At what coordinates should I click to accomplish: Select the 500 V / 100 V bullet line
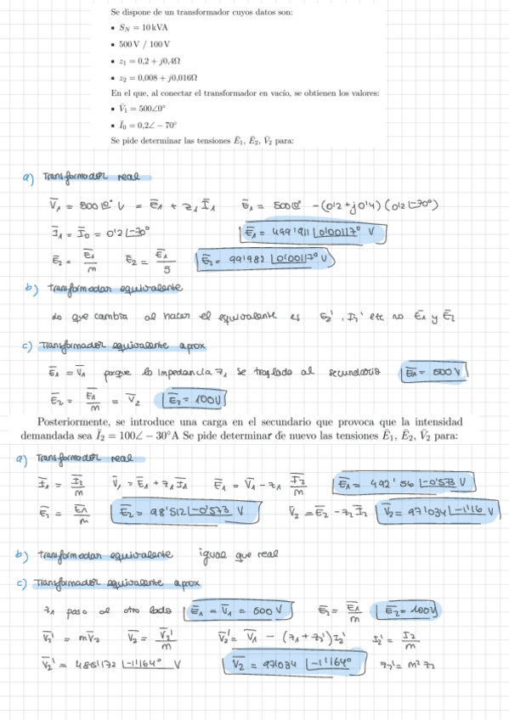[144, 43]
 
